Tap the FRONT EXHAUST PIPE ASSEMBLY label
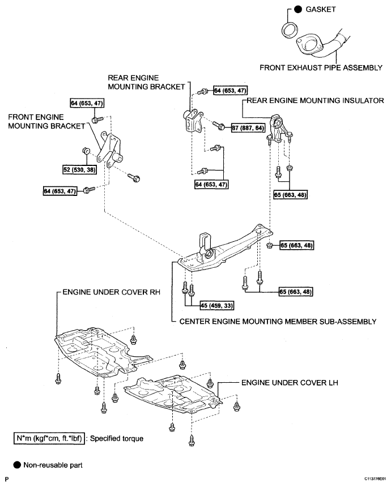pos(321,67)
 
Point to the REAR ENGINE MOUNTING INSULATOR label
pos(314,101)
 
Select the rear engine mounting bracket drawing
pos(191,121)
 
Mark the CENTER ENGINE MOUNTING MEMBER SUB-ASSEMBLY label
pos(278,321)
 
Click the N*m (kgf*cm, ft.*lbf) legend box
pos(50,438)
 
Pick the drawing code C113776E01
pos(372,479)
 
